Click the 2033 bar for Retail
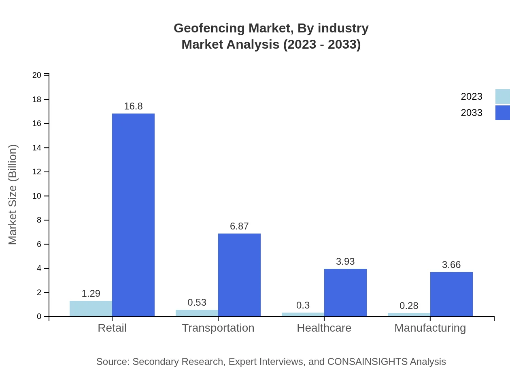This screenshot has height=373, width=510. pyautogui.click(x=133, y=215)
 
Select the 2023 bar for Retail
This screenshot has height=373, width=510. pyautogui.click(x=91, y=309)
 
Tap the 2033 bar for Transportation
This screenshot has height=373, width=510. pyautogui.click(x=239, y=275)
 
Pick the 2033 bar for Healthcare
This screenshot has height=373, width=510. pyautogui.click(x=345, y=292)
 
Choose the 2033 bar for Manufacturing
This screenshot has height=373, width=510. pyautogui.click(x=451, y=294)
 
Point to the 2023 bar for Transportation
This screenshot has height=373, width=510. pyautogui.click(x=197, y=313)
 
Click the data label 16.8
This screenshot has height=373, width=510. pyautogui.click(x=133, y=106)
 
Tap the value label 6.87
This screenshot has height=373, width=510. pyautogui.click(x=239, y=226)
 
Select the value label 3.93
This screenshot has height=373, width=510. pyautogui.click(x=345, y=262)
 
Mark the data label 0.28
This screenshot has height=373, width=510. pyautogui.click(x=409, y=306)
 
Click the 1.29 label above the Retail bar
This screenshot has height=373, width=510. pyautogui.click(x=91, y=294)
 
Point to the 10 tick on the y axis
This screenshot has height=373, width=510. pyautogui.click(x=37, y=196)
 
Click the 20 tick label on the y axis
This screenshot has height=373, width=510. pyautogui.click(x=37, y=75)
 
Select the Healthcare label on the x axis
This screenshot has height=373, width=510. pyautogui.click(x=324, y=328)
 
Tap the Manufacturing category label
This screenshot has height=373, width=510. pyautogui.click(x=430, y=328)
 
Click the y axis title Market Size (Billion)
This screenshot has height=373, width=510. pyautogui.click(x=13, y=195)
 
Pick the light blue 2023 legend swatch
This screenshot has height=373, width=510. pyautogui.click(x=502, y=96)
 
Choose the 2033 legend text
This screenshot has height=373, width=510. pyautogui.click(x=472, y=113)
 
